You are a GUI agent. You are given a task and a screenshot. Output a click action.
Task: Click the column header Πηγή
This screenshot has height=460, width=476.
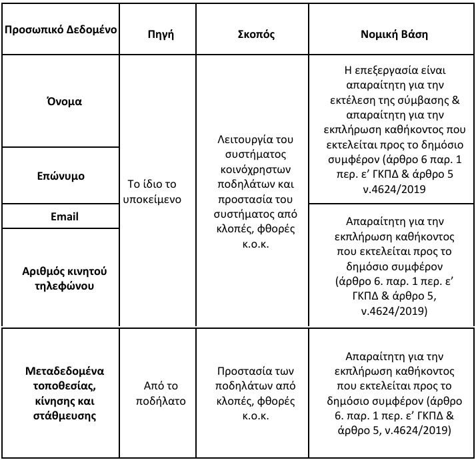click(160, 33)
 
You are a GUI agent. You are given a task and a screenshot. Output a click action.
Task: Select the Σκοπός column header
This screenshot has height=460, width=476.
click(256, 33)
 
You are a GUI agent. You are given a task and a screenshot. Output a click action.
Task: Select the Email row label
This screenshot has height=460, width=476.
click(65, 216)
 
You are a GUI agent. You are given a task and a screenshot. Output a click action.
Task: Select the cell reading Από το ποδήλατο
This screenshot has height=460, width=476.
click(160, 393)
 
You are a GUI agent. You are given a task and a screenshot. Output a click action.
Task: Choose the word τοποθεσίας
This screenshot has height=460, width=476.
click(64, 386)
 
